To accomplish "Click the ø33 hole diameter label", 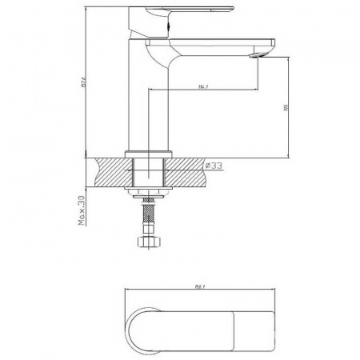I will [x=214, y=166].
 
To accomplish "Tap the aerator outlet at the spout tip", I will [x=257, y=54].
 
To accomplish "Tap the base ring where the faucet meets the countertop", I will [x=150, y=151].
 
